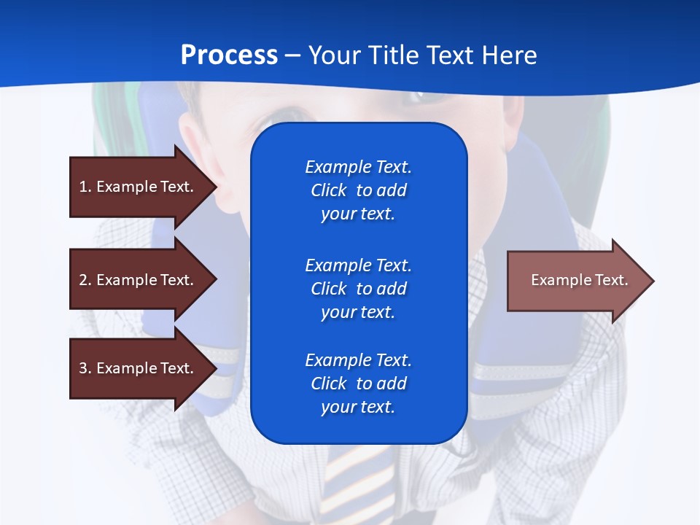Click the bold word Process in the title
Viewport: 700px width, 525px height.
click(229, 55)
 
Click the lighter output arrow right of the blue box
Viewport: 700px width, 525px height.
click(576, 280)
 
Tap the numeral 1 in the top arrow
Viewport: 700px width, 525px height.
click(83, 187)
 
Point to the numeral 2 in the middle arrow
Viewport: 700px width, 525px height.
click(83, 280)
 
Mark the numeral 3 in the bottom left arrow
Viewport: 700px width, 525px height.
click(83, 368)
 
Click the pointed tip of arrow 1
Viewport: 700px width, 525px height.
click(214, 187)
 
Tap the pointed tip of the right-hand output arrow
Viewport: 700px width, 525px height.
click(651, 281)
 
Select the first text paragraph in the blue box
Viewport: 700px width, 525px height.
click(358, 190)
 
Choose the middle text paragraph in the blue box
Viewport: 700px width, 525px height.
click(358, 289)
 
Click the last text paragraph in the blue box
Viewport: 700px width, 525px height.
click(358, 384)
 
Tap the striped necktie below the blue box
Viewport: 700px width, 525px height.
click(357, 481)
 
